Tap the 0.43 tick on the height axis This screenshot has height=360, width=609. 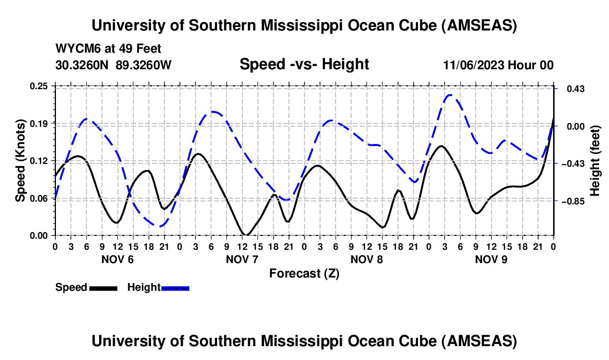[x=572, y=89]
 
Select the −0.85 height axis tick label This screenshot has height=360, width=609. [x=574, y=202]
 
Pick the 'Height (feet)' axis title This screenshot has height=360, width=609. [x=595, y=161]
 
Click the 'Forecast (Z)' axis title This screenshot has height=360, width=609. [x=304, y=273]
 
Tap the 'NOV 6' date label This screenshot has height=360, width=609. [x=117, y=259]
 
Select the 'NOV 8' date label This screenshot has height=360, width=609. [x=367, y=259]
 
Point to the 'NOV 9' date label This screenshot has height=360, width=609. [x=491, y=259]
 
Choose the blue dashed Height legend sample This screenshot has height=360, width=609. [x=175, y=287]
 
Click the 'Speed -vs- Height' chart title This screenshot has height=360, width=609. [x=304, y=64]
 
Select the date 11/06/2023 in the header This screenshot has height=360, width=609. [x=473, y=65]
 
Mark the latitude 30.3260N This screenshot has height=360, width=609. [x=82, y=65]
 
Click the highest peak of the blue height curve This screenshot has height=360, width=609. [x=450, y=95]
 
